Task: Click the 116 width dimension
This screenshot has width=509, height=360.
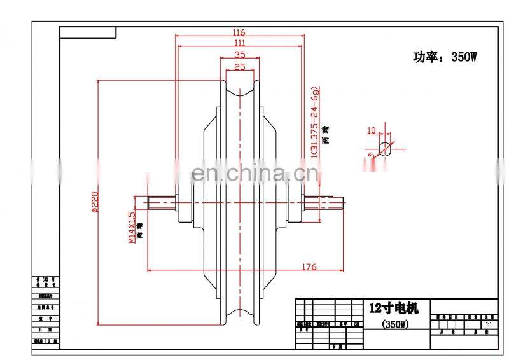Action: point(239,32)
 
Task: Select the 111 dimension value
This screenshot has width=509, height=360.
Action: point(239,43)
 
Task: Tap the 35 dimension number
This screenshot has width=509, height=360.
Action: point(240,55)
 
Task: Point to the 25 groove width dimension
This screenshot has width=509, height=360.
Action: point(240,66)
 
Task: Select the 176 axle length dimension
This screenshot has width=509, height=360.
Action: point(309,267)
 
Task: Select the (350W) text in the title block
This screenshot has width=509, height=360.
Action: point(394,324)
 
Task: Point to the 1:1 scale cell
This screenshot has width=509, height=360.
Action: point(488,324)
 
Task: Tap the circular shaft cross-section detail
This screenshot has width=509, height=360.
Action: point(386,149)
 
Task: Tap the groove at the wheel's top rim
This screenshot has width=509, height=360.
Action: point(240,89)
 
